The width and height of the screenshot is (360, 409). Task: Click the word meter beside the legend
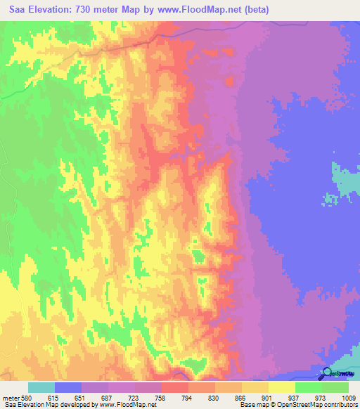coord(12,398)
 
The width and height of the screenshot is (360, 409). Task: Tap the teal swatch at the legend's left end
coord(41,387)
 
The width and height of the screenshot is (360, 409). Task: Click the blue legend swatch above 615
coord(68,387)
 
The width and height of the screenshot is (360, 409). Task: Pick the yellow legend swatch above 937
coord(281,387)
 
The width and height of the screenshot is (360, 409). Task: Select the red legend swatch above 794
coord(174,387)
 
